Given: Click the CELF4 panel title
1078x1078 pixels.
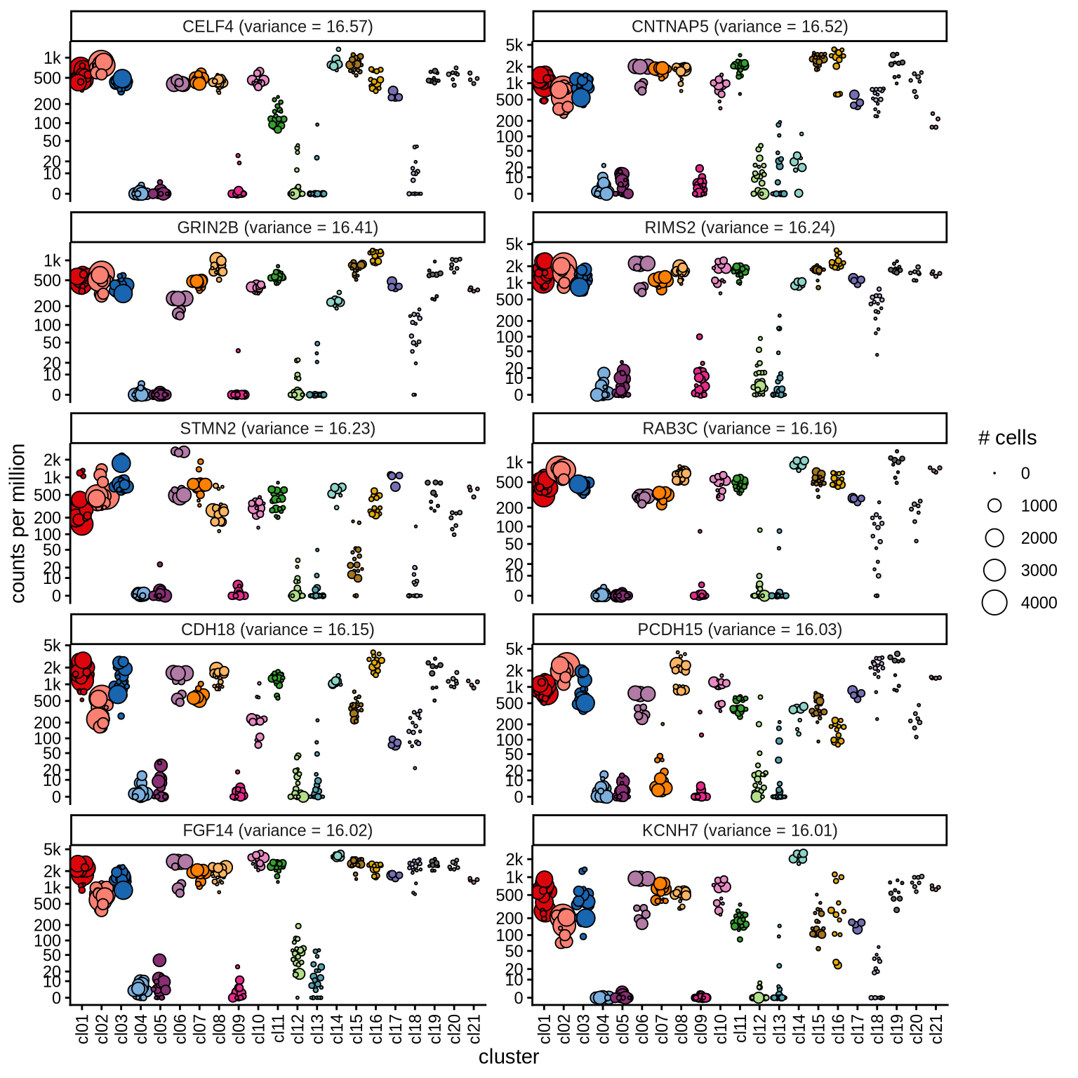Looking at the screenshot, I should click(x=277, y=27).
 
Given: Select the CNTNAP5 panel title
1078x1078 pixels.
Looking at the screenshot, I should click(x=740, y=27).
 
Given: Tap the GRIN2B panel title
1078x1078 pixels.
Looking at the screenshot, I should click(x=277, y=227).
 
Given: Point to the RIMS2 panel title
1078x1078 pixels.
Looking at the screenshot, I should click(x=740, y=227).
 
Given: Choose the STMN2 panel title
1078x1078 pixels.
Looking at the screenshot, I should click(x=277, y=429).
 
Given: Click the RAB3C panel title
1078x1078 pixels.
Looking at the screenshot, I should click(x=740, y=429).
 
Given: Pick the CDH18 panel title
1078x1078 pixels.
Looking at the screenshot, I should click(x=277, y=630).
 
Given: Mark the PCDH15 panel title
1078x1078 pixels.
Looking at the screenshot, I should click(x=740, y=630).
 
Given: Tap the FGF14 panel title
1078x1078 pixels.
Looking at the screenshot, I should click(x=277, y=831).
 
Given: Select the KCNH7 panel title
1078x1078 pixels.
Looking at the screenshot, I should click(x=740, y=831).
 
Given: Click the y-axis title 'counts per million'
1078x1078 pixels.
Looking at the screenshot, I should click(x=18, y=523).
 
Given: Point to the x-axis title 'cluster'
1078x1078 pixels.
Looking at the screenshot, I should click(x=509, y=1057).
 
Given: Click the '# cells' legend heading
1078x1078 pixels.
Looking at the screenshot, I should click(x=1007, y=438).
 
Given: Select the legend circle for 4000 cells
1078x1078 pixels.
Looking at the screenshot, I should click(x=994, y=602).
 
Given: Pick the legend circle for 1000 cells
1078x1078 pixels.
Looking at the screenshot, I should click(x=994, y=505).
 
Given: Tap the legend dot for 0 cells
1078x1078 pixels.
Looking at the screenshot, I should click(x=994, y=474).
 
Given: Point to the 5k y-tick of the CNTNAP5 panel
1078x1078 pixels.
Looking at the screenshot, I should click(x=514, y=46).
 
